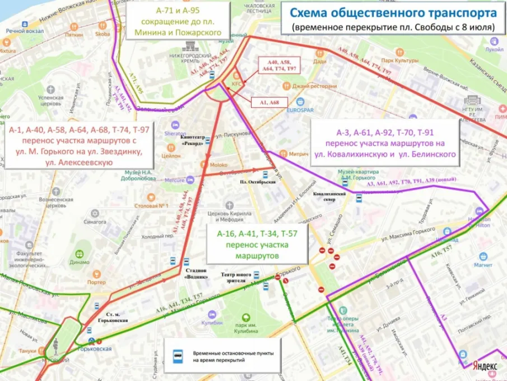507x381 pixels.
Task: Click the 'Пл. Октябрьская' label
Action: (x=255, y=183)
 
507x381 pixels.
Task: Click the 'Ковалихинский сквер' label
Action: (x=330, y=196)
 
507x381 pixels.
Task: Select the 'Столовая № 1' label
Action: (x=151, y=206)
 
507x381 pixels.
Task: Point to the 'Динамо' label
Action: (x=80, y=262)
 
